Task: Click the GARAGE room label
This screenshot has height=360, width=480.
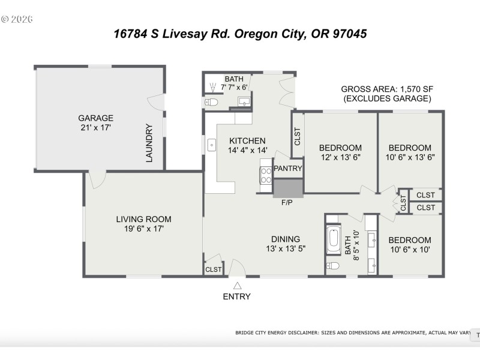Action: pos(95,118)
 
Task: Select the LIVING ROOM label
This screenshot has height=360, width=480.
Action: pos(143,219)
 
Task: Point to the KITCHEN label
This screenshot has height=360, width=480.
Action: pos(247,141)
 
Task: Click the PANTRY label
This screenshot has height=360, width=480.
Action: pos(288,169)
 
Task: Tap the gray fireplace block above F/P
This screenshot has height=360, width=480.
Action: pos(289,188)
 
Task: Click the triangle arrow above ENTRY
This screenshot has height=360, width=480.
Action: pos(237,286)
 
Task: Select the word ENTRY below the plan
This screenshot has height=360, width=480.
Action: pos(237,296)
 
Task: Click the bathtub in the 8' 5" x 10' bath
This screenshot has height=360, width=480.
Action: pos(334,239)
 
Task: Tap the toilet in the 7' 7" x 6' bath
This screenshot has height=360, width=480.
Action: pos(210,103)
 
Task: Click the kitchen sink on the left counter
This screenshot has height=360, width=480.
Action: pos(212,145)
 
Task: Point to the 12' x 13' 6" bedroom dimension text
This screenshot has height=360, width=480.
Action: pos(340,158)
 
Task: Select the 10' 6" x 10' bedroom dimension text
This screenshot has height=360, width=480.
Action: pos(409,250)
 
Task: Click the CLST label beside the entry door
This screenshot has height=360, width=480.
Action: pos(214,269)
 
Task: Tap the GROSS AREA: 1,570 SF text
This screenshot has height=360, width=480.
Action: pos(386,88)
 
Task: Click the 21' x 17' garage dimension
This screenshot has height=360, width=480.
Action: pos(95,128)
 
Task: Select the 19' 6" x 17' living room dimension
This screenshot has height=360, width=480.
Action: pos(143,229)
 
